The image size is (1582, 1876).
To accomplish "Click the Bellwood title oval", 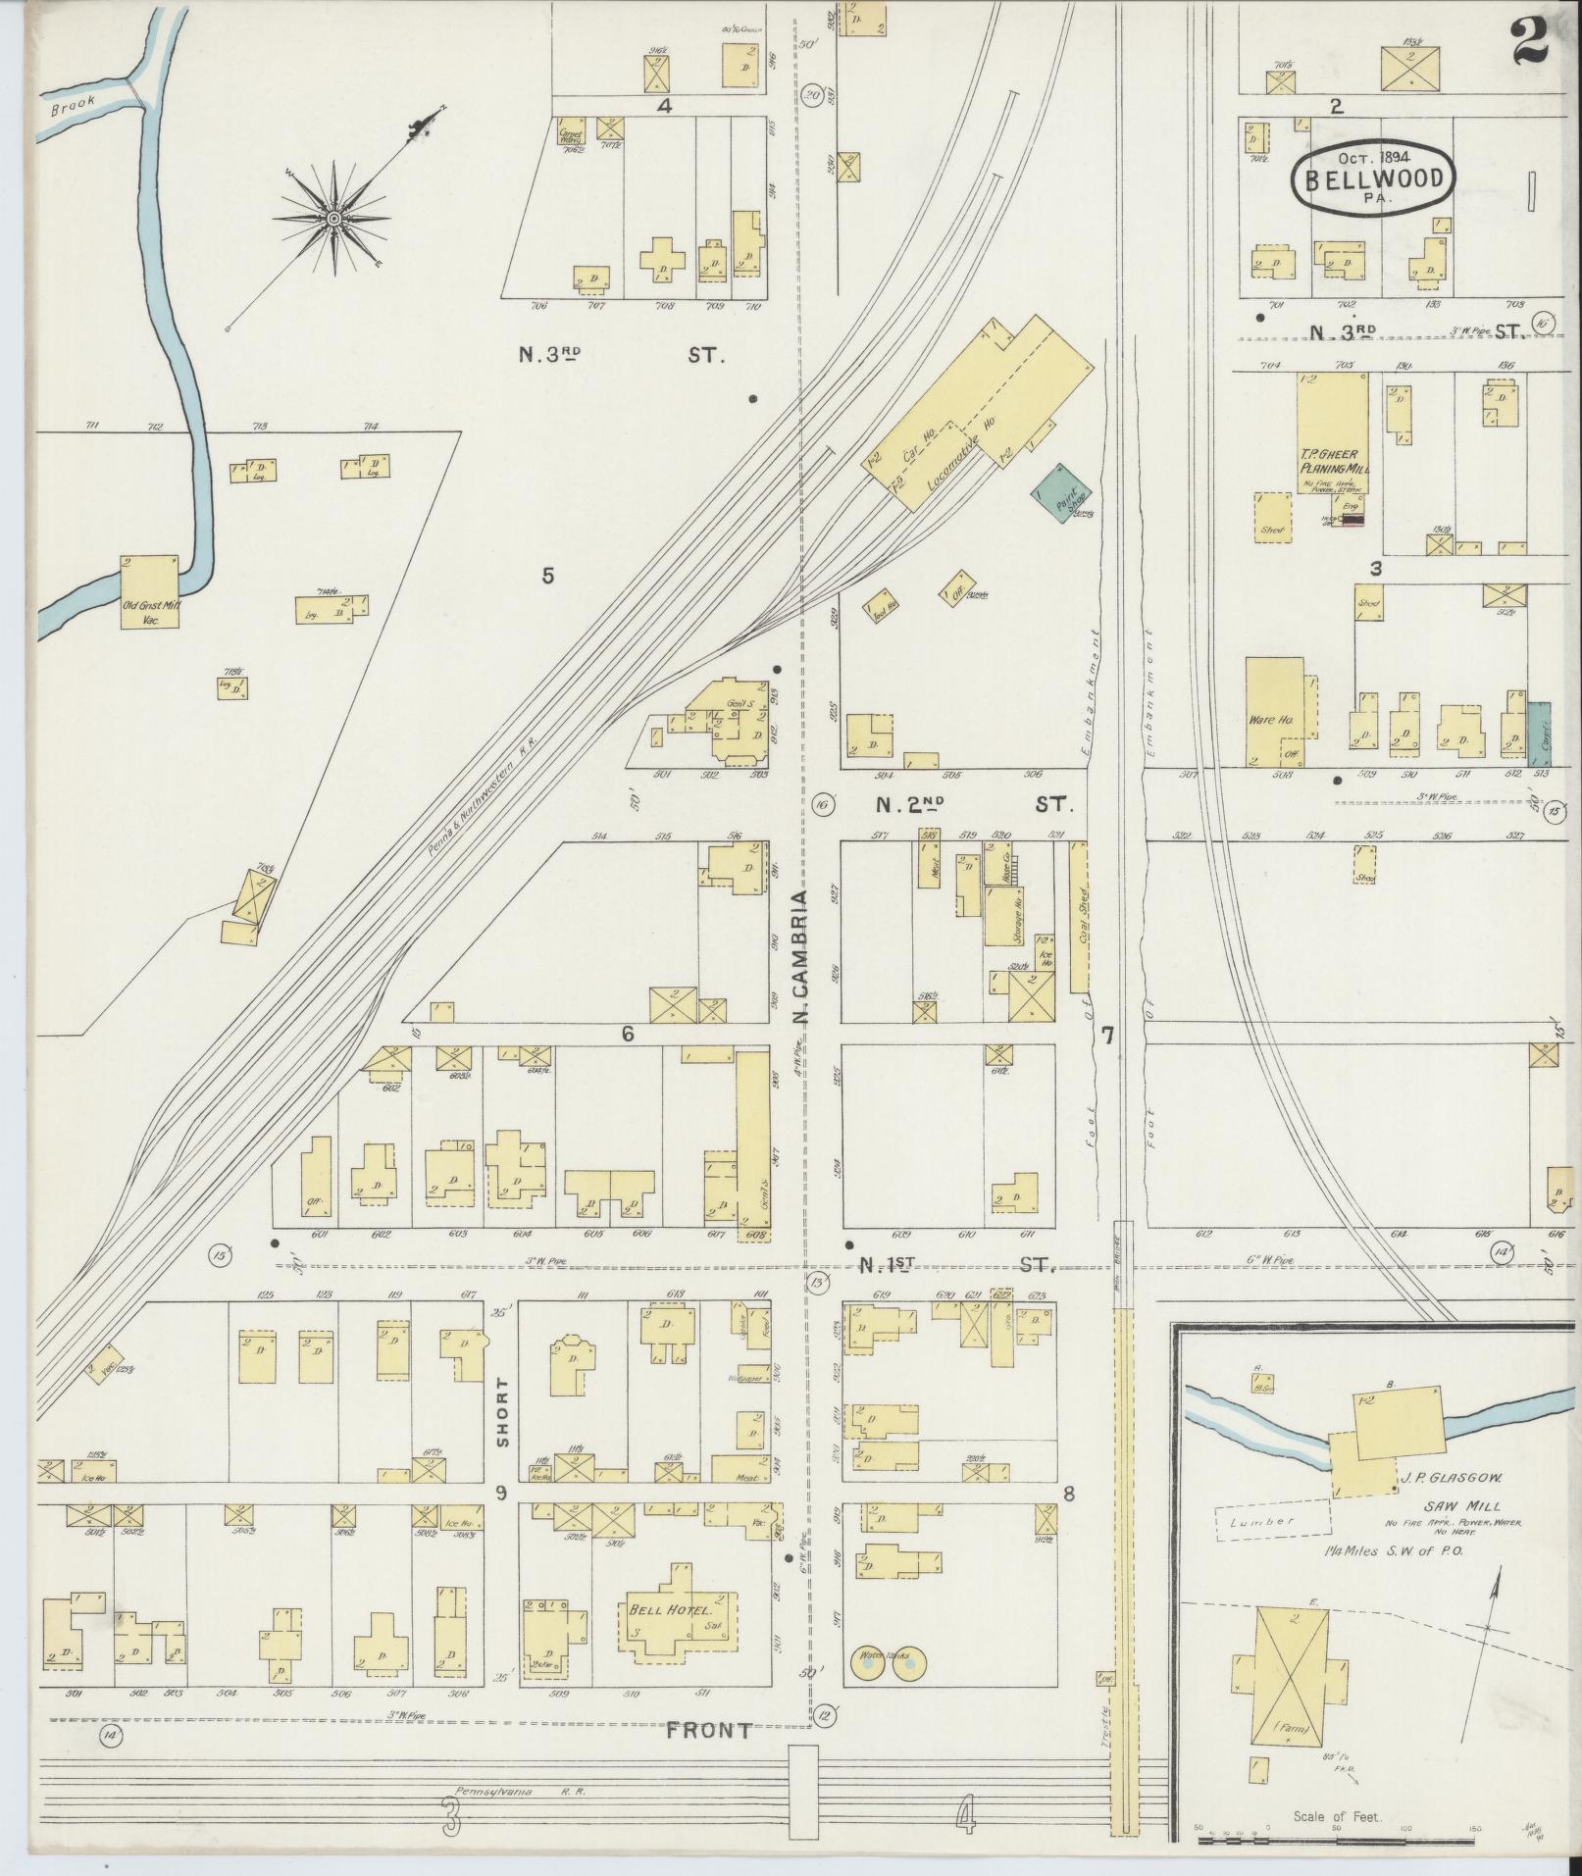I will tap(1371, 177).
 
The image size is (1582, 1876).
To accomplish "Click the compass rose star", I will tap(334, 218).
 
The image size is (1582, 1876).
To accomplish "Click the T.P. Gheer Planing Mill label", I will tap(1334, 460).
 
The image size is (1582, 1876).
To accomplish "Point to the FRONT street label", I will tap(709, 1731).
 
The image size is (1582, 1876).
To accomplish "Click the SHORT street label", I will tap(503, 1412).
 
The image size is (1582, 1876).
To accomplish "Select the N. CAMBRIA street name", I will tap(799, 957).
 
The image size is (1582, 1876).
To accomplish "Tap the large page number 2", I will tap(1529, 41).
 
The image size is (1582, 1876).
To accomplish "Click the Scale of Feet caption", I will tap(1336, 1816).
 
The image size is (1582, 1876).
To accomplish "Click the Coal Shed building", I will tap(1079, 918).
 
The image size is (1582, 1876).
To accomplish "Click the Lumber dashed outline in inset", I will tap(1273, 1521).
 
